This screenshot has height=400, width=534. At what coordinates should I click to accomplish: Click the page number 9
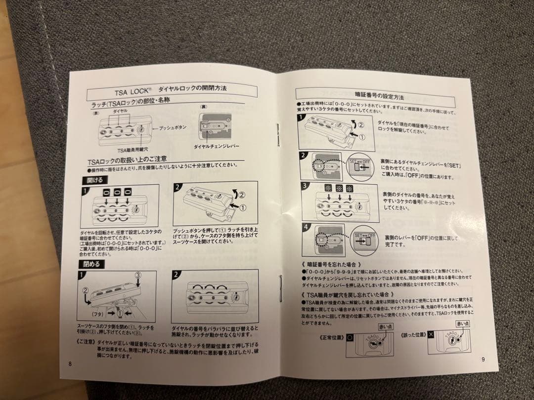point(483,359)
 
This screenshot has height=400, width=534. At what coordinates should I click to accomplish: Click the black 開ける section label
point(91,180)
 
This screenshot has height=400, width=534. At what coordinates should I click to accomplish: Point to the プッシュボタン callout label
point(173,127)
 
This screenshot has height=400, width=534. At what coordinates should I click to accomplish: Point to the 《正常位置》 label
point(328,336)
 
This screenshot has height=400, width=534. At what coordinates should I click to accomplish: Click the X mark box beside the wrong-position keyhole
point(431,334)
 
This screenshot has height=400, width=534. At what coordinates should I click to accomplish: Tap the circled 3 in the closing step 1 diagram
point(138,274)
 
